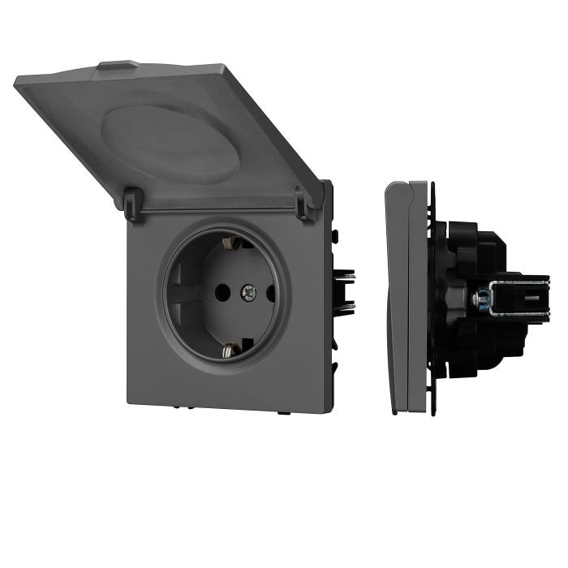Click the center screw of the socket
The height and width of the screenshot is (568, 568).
point(248,290)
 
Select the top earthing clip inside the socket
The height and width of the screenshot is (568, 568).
point(229,242)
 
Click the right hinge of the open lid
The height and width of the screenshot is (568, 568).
point(305,206)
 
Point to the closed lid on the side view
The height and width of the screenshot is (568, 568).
point(398,292)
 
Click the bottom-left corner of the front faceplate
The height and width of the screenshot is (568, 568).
point(130,399)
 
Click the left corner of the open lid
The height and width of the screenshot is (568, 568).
point(18,81)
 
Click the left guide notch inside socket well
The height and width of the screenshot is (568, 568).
point(180,290)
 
